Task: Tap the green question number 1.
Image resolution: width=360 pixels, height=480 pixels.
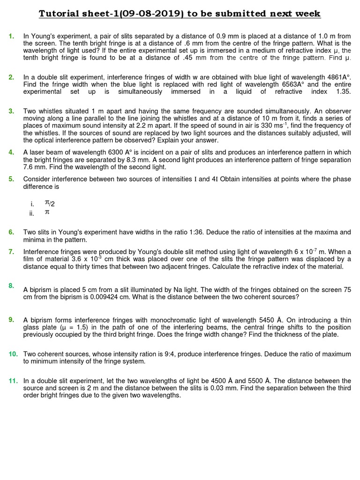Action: point(11,36)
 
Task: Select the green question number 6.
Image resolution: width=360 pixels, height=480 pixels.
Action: point(11,232)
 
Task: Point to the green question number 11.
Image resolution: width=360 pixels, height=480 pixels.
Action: point(13,381)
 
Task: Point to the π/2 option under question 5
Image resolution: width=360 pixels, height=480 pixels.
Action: point(50,203)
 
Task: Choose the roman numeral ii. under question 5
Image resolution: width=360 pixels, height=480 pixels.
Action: point(32,213)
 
